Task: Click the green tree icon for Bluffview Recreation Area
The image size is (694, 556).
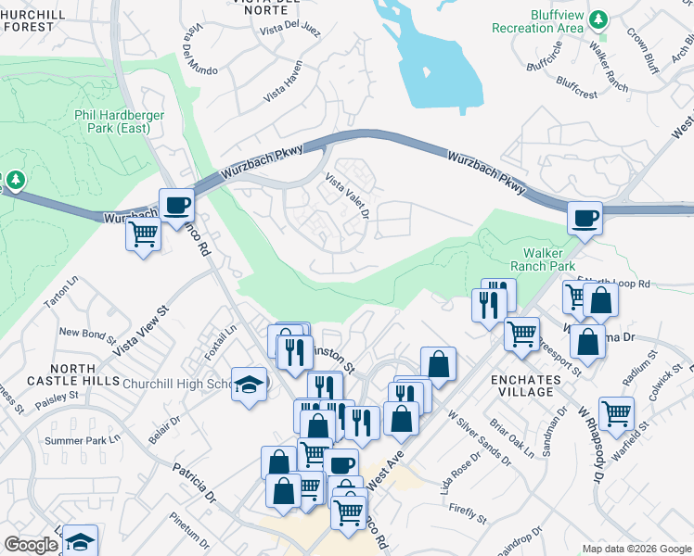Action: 598,19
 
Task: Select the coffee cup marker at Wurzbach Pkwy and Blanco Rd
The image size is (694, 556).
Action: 175,205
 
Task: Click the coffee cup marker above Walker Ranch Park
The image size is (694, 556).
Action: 585,219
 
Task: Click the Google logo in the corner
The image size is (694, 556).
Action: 31,545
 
